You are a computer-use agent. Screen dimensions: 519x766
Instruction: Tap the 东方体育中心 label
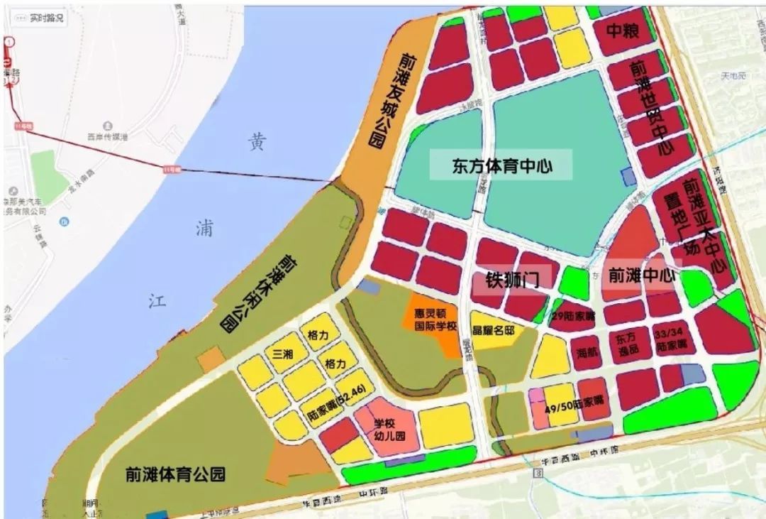[502, 167]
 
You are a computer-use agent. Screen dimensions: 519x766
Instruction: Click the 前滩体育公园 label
[174, 474]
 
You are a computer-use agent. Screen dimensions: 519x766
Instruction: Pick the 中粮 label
[622, 31]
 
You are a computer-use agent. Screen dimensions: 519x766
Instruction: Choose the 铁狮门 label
[512, 279]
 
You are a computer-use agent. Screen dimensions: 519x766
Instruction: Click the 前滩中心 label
[641, 275]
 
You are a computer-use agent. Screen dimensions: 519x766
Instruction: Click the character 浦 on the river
[204, 229]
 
